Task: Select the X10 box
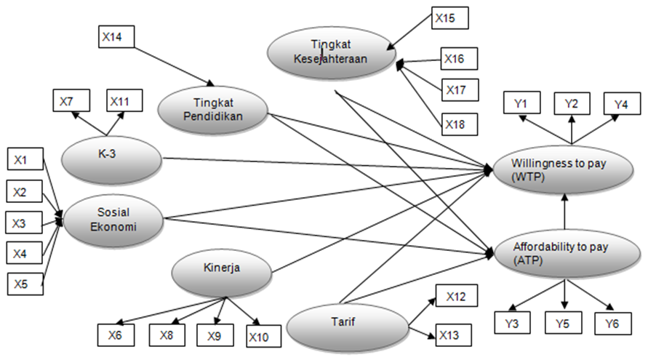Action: click(x=261, y=337)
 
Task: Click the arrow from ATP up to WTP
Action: click(x=564, y=211)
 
